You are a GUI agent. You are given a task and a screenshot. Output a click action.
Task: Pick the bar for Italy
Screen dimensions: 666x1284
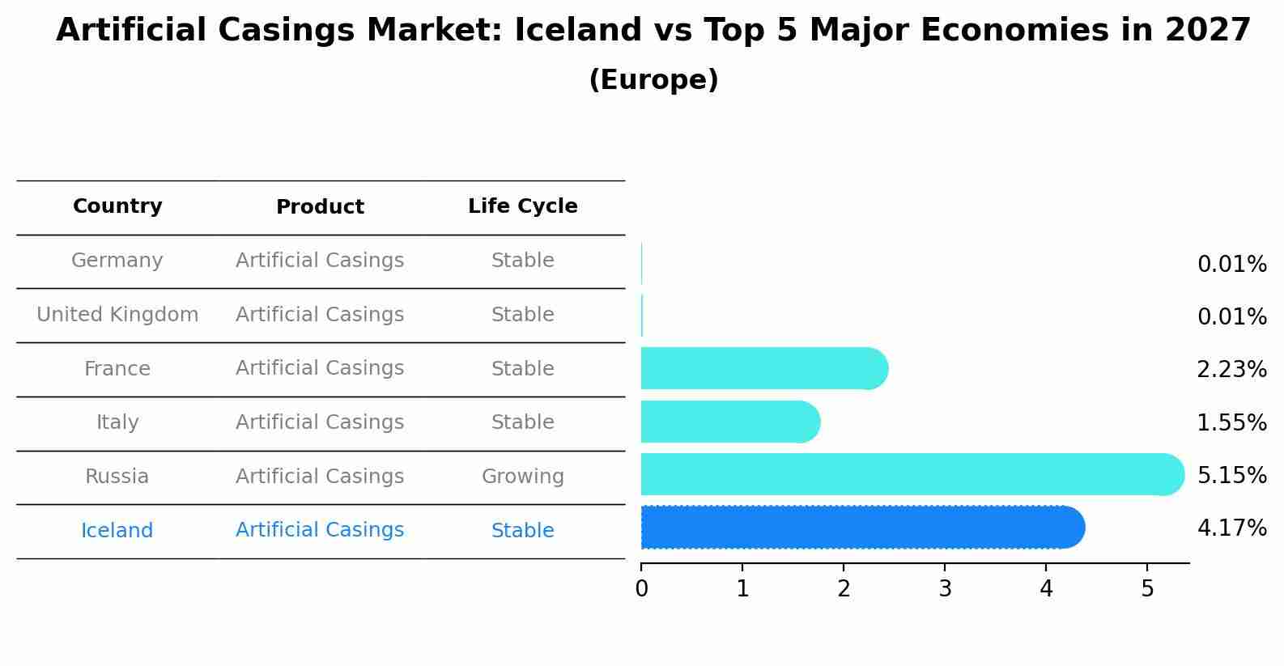[729, 422]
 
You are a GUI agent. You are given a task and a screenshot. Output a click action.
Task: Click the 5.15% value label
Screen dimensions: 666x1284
[1231, 475]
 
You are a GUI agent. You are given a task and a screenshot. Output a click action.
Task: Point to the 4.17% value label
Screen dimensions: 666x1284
[1231, 528]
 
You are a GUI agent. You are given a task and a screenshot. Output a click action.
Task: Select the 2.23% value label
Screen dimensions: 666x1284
[1231, 370]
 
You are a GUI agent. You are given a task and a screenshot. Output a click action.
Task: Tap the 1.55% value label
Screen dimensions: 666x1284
[1231, 422]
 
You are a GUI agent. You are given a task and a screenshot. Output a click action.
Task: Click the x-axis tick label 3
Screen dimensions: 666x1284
[945, 589]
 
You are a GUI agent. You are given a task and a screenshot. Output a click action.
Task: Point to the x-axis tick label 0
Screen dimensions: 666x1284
[641, 589]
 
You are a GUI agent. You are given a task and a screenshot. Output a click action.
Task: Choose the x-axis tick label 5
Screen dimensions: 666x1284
[1147, 589]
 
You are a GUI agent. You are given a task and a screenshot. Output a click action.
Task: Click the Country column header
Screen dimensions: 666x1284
[117, 206]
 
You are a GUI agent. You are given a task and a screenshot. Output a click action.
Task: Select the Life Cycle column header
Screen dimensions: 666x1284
[522, 206]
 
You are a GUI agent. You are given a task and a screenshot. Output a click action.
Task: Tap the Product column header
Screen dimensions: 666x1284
[320, 207]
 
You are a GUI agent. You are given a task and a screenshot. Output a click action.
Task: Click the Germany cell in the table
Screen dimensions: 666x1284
[117, 261]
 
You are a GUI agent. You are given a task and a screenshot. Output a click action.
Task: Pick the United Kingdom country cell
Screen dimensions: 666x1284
[117, 315]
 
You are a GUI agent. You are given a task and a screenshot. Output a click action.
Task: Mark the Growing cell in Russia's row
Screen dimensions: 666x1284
[522, 477]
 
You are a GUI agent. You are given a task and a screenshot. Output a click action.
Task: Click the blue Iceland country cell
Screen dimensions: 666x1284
[117, 531]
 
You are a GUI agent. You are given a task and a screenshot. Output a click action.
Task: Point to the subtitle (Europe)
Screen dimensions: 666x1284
[653, 80]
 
